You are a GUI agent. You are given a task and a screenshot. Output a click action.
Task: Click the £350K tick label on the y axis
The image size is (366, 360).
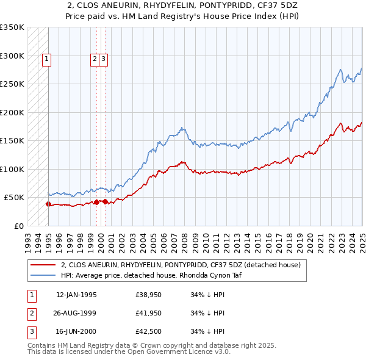click(x=12, y=27)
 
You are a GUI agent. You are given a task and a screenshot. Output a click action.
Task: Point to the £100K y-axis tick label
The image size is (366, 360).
click(x=12, y=169)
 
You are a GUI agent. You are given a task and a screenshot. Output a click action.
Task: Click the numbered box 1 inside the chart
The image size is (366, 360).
click(x=47, y=59)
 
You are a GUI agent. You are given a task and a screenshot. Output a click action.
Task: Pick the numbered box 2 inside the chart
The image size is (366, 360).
click(x=95, y=59)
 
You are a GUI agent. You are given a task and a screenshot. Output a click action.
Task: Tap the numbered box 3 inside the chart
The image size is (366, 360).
click(x=104, y=59)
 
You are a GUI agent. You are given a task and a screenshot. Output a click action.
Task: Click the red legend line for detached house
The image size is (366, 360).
click(x=43, y=265)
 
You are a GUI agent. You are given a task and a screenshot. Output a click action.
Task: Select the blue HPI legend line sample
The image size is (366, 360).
click(x=43, y=275)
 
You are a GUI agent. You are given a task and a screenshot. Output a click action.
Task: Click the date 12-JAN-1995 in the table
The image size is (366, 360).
click(x=76, y=295)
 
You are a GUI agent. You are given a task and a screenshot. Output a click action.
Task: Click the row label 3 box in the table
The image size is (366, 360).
click(x=31, y=332)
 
